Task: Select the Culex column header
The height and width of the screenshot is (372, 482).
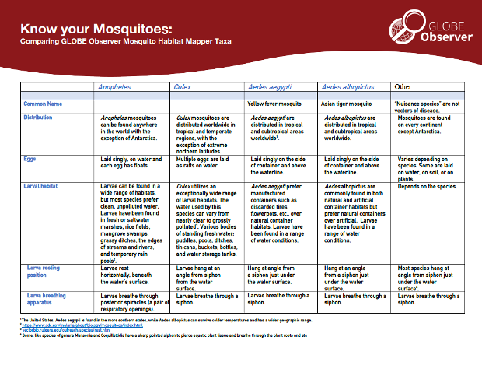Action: [183, 87]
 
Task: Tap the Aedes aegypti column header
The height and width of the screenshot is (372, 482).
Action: [268, 87]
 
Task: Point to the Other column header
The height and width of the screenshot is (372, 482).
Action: [403, 86]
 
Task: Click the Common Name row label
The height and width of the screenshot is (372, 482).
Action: [43, 103]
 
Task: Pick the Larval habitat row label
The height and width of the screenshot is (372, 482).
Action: [44, 187]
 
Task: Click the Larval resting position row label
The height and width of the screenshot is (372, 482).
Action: [44, 271]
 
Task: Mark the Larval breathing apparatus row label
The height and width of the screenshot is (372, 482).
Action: [45, 300]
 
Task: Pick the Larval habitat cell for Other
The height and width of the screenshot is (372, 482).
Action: [431, 187]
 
